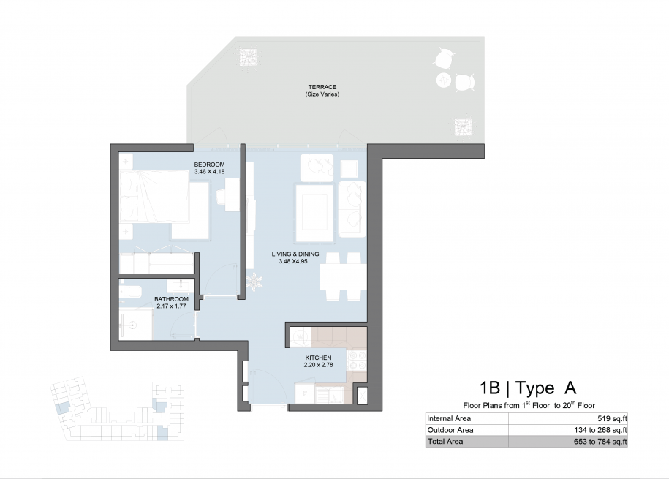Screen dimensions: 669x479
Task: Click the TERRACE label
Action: coord(322,87)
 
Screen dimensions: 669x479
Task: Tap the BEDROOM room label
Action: coord(209,165)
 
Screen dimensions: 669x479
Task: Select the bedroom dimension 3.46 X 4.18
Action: coord(209,172)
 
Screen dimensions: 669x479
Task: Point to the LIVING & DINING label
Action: coord(295,254)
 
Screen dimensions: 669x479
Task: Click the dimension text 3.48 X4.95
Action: coord(293,261)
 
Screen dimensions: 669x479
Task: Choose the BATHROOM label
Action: coord(171,299)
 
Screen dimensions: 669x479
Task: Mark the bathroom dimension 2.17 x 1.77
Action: coord(171,306)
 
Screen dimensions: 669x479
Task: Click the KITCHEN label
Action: coord(318,358)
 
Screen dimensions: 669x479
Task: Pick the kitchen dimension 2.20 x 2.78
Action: coord(318,365)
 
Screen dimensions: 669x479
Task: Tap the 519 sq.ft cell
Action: coord(612,419)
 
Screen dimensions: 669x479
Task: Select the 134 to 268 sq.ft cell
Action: coord(600,430)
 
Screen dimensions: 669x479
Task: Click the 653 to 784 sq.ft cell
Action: coord(600,442)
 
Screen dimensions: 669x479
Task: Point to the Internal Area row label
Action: coord(449,419)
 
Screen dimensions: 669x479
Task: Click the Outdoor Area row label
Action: coord(450,430)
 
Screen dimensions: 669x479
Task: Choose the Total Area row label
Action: coord(445,442)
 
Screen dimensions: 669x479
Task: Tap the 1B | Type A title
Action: coord(528,388)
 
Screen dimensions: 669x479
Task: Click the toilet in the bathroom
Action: coord(130,291)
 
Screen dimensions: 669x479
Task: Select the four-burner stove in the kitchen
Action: coord(357,360)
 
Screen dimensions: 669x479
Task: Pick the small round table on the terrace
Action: coord(444,80)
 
